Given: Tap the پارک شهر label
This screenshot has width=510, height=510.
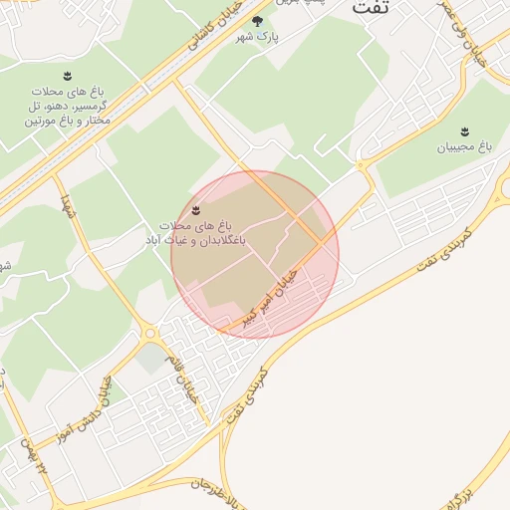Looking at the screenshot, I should pos(257,37).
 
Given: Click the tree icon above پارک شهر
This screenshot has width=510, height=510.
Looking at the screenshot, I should pos(257,20).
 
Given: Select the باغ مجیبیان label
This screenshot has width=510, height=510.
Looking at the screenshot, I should pos(465,147).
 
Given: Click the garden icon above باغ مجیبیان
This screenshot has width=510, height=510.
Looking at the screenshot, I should pos(465,131).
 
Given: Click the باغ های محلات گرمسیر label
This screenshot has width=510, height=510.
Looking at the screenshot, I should pos(67,106).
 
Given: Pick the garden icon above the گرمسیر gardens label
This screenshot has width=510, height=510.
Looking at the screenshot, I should pos(67,76).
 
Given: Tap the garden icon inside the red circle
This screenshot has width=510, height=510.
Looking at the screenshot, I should pos(196,210).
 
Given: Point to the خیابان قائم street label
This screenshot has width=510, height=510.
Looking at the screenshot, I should pos(188,378).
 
